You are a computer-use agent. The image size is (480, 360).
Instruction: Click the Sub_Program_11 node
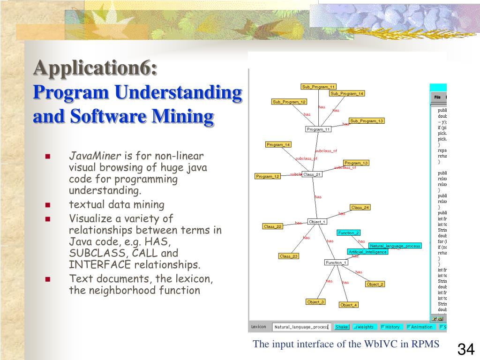(318, 87)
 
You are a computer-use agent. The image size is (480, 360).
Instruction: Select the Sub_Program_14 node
(347, 93)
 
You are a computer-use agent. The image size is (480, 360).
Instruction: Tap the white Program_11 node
(318, 129)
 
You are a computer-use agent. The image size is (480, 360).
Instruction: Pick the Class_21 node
(312, 174)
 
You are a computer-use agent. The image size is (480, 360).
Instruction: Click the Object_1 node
(317, 222)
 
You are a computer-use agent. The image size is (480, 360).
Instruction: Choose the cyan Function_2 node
(349, 232)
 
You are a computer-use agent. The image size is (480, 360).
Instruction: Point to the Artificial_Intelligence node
(367, 252)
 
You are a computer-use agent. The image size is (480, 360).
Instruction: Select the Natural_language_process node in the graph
(395, 246)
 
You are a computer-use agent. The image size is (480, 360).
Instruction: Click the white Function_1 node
(336, 262)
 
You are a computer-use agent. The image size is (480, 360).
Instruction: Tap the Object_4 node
(348, 305)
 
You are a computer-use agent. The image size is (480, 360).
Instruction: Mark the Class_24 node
(360, 207)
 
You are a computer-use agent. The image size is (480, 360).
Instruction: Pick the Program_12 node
(268, 176)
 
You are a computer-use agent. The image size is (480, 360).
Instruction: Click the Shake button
(342, 327)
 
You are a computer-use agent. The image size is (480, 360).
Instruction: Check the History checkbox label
(392, 327)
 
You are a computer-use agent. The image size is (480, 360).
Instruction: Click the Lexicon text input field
(301, 327)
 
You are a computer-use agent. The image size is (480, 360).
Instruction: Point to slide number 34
(466, 349)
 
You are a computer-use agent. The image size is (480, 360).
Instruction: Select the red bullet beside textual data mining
(48, 205)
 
